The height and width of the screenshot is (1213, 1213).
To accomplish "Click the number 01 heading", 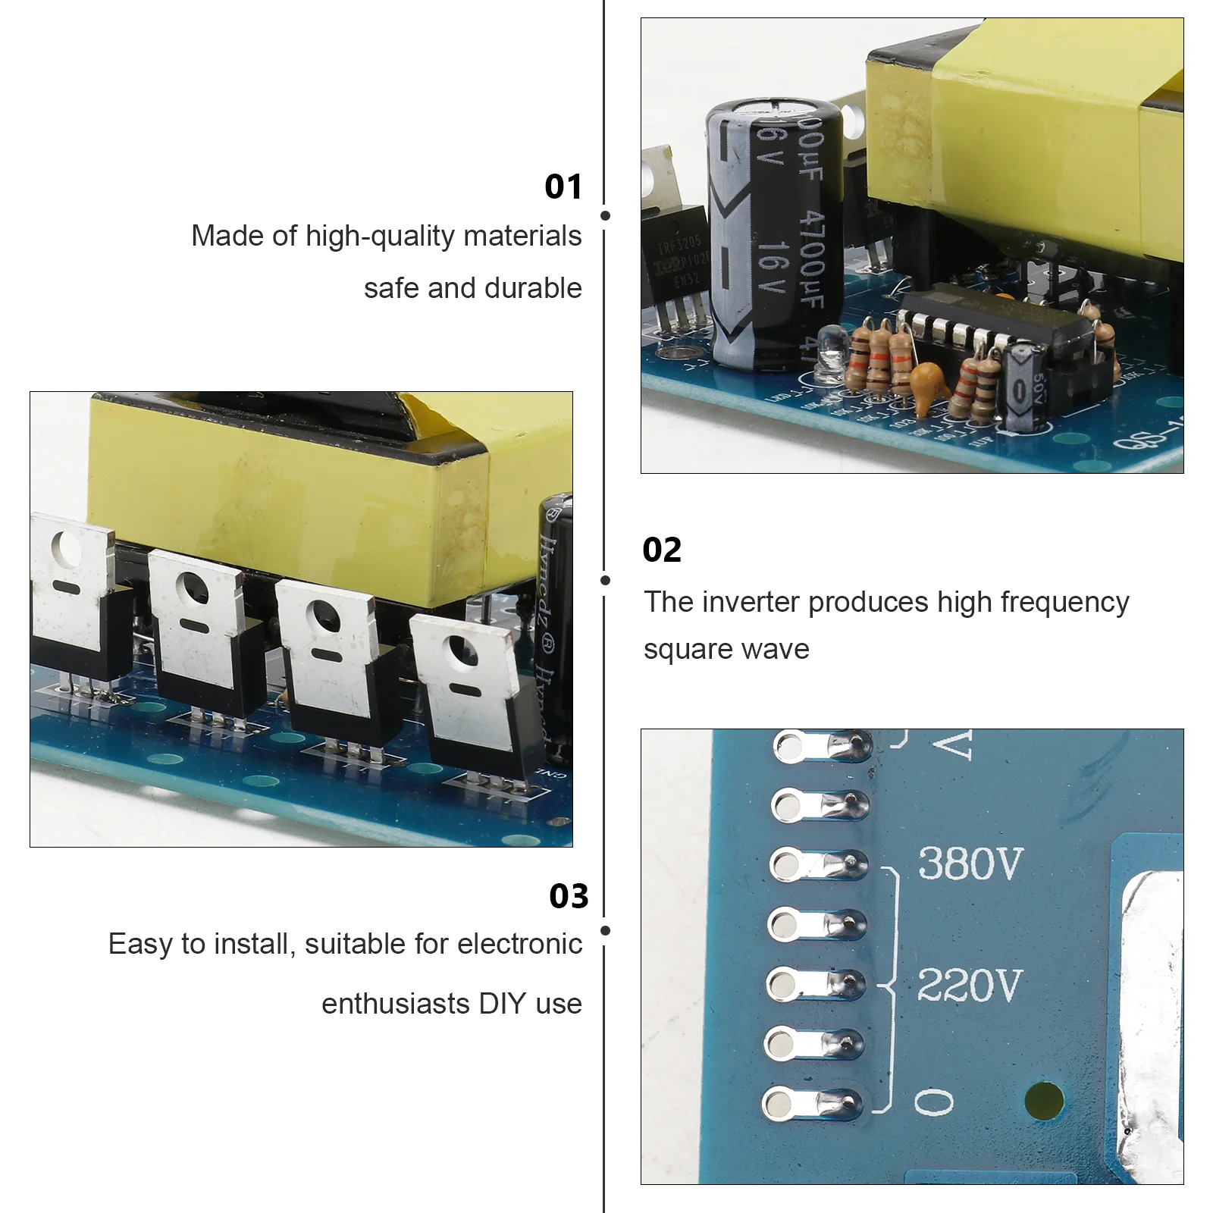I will (x=563, y=186).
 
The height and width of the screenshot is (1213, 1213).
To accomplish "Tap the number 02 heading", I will (x=662, y=550).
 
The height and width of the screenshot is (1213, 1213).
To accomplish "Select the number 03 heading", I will (x=569, y=896).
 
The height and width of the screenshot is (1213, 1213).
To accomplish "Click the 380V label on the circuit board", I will (x=970, y=864).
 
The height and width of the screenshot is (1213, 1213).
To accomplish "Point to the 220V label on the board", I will (x=970, y=986).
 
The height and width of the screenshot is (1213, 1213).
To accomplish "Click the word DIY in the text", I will (x=503, y=1004).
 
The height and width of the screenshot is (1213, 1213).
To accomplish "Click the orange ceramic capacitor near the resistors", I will (x=928, y=384).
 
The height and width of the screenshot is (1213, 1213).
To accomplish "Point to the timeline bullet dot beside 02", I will (x=605, y=581).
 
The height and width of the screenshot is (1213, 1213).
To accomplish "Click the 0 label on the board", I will (x=934, y=1102).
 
